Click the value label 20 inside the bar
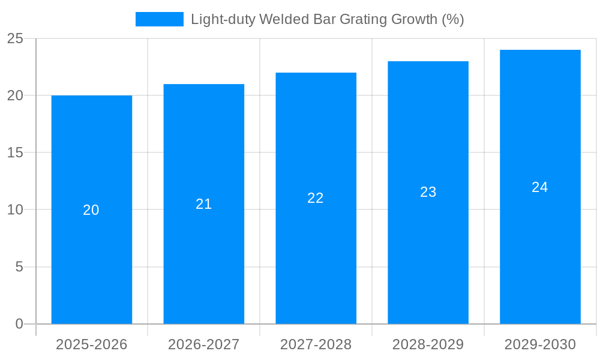tap(91, 210)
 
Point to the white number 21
tap(204, 204)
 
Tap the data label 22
tap(316, 198)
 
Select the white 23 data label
tap(428, 192)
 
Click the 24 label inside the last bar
tap(540, 187)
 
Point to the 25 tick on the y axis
tap(15, 38)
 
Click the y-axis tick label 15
tap(15, 152)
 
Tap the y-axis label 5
tap(19, 266)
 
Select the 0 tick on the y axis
tap(19, 324)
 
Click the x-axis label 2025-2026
tap(92, 344)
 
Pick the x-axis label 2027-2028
tap(316, 344)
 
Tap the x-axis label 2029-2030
tap(540, 344)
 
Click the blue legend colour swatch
tap(160, 19)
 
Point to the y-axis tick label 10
tap(15, 209)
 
